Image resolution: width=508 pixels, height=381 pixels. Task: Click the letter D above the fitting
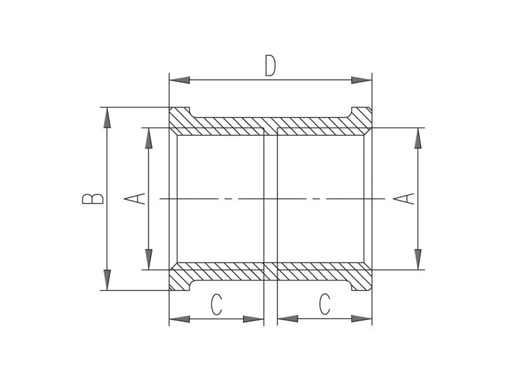(x=271, y=66)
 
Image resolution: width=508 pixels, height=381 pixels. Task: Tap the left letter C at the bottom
(x=217, y=304)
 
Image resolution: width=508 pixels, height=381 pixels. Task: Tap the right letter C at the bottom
(x=324, y=304)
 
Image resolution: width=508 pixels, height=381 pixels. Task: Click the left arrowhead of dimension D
(x=180, y=80)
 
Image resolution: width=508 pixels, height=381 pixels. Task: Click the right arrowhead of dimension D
(x=361, y=80)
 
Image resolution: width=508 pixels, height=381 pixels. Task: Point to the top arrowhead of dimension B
(x=107, y=117)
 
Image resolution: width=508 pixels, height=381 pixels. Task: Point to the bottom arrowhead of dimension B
(x=107, y=280)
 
